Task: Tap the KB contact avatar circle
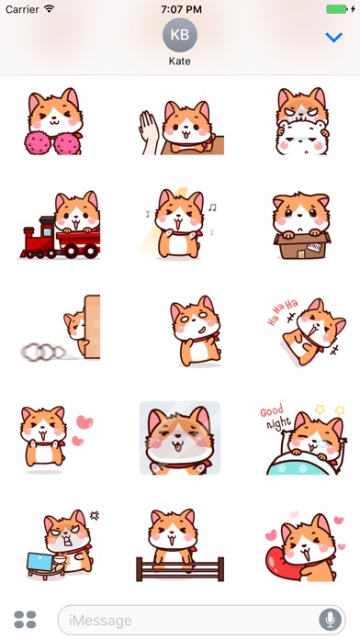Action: (x=180, y=35)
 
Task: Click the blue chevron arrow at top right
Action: (x=334, y=38)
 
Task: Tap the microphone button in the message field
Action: (x=330, y=620)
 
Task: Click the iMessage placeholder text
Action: (x=100, y=621)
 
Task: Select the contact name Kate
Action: (x=180, y=62)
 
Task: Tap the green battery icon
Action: (x=337, y=9)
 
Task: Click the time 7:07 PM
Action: (x=181, y=9)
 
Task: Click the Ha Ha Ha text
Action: (x=282, y=312)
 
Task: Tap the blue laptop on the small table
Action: (x=40, y=562)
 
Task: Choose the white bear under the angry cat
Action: (x=302, y=138)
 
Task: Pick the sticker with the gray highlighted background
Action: (x=180, y=438)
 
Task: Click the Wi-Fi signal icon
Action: (x=49, y=8)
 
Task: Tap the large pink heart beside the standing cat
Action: (x=84, y=421)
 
